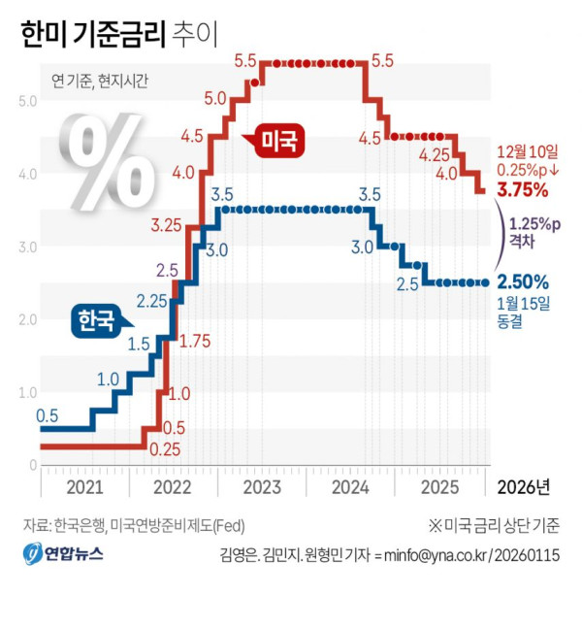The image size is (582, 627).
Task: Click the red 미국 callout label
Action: [x=278, y=141]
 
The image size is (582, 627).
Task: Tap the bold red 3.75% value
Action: [x=523, y=189]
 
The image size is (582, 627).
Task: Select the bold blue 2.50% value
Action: [x=523, y=282]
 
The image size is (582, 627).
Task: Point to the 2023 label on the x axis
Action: [x=262, y=487]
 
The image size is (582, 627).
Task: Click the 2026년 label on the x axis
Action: [x=524, y=487]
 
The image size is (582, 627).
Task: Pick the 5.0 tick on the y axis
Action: [x=27, y=101]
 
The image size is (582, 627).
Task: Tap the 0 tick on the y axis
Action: [x=33, y=465]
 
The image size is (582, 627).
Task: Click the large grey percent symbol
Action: [x=107, y=161]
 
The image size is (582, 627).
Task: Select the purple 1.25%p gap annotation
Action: [x=534, y=233]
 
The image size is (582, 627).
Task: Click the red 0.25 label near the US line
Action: [x=165, y=449]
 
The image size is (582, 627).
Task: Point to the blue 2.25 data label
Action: [x=152, y=301]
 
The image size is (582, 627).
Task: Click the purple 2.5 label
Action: [x=167, y=271]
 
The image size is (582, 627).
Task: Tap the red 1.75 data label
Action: [x=195, y=342]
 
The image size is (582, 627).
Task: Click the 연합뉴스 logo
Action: [x=63, y=553]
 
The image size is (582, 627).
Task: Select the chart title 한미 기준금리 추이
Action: [x=118, y=34]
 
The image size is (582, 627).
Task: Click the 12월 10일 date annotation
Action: [x=528, y=152]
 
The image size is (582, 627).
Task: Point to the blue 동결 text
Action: [x=509, y=321]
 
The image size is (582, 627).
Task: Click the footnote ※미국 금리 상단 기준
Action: [x=494, y=525]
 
